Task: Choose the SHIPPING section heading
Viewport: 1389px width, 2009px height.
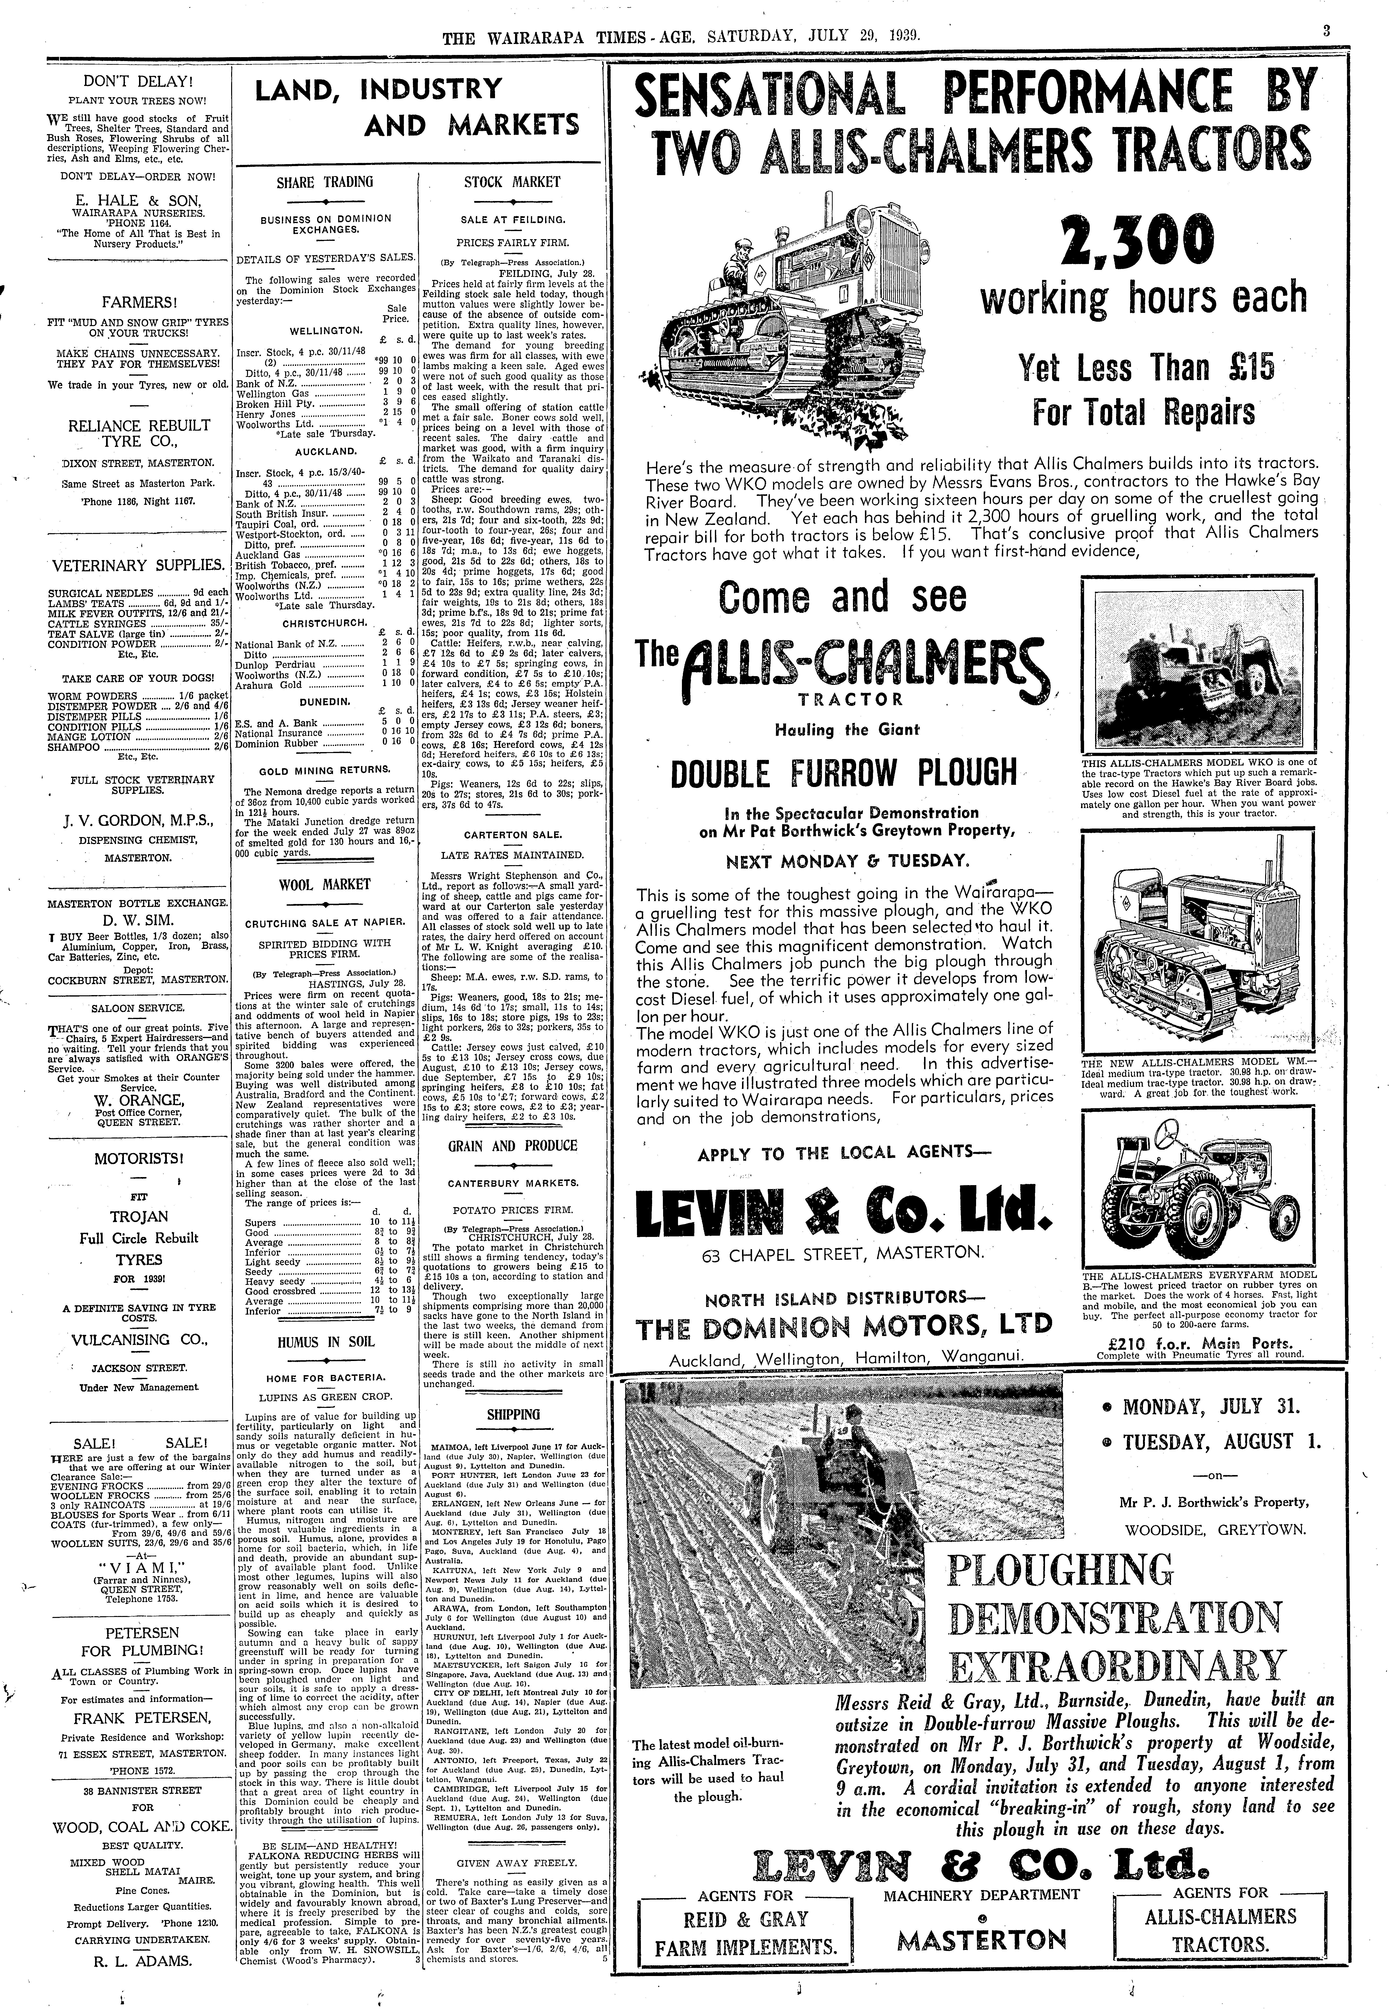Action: click(x=514, y=1414)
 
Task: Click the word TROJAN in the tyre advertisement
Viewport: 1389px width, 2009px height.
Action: click(x=139, y=1216)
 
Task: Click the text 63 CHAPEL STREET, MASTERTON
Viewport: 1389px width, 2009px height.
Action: click(x=843, y=1253)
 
